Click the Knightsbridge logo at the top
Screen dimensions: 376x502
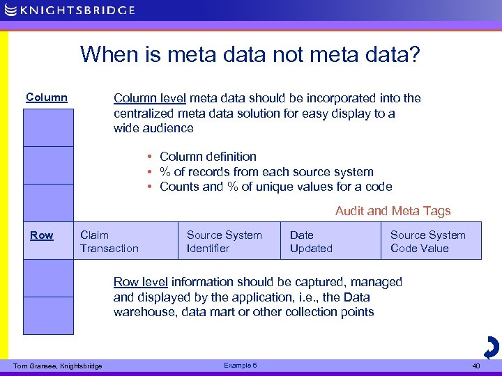point(70,10)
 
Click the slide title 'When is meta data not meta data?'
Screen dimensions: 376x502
point(250,54)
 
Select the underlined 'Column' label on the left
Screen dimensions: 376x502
point(47,97)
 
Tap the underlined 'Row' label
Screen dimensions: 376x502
point(42,235)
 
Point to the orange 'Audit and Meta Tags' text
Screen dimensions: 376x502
point(393,211)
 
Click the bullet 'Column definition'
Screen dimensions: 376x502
point(208,157)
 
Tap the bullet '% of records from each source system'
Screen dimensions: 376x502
point(266,172)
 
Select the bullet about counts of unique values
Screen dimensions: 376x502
point(275,187)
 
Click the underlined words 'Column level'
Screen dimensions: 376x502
point(150,98)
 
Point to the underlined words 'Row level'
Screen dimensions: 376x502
point(140,282)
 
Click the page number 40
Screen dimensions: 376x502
point(476,366)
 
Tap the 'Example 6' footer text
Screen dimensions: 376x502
point(241,365)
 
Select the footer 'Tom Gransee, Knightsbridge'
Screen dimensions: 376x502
point(58,366)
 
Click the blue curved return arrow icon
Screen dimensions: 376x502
point(491,346)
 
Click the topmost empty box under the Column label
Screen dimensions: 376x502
point(48,127)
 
